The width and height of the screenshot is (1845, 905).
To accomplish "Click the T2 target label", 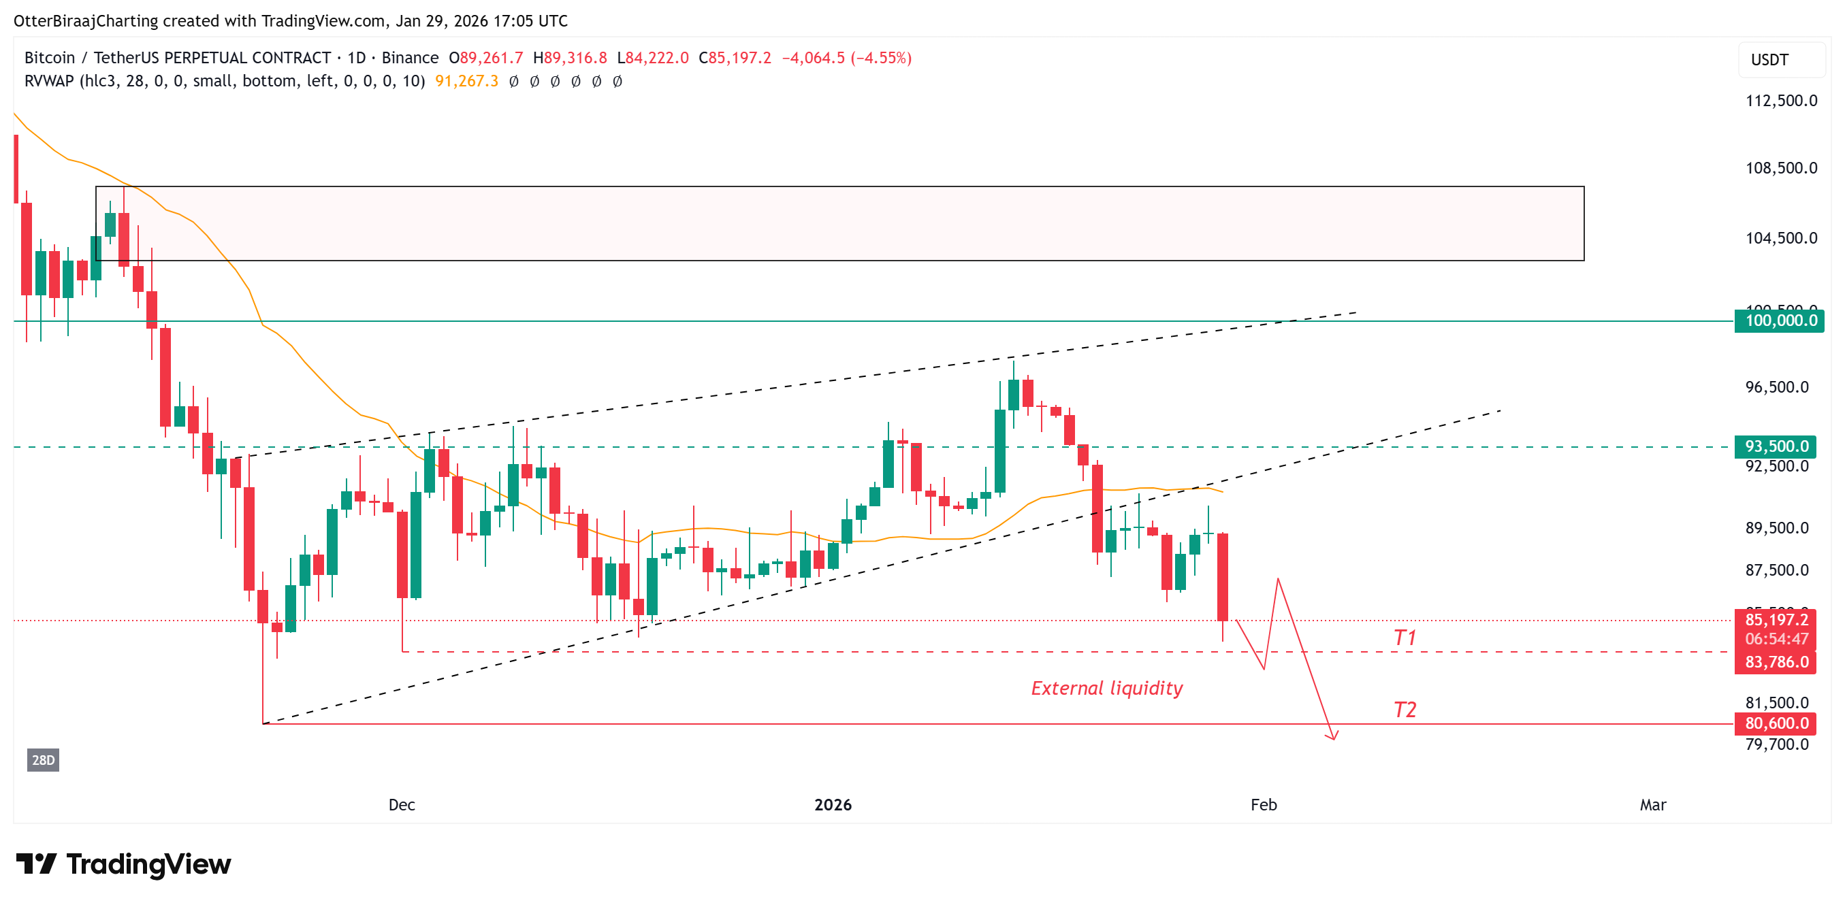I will click(x=1404, y=710).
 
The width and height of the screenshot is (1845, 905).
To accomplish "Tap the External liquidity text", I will click(x=1106, y=688).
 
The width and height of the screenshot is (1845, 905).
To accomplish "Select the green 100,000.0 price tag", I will click(x=1779, y=320).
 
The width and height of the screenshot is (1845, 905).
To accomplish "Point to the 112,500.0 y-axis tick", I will click(x=1780, y=100).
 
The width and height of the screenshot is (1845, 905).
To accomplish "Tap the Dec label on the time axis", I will click(x=401, y=805).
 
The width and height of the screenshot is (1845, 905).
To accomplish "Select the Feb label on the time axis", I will click(x=1264, y=805).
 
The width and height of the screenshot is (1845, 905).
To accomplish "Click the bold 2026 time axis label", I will click(x=832, y=805).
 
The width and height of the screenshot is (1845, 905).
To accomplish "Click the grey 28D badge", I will click(x=43, y=759).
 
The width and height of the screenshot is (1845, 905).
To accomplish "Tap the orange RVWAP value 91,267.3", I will click(x=466, y=81).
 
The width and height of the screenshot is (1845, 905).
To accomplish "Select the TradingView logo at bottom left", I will click(x=123, y=864).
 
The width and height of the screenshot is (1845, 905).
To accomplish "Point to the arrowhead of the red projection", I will click(x=1333, y=737).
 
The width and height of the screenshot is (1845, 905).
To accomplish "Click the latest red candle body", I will click(x=1222, y=576).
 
